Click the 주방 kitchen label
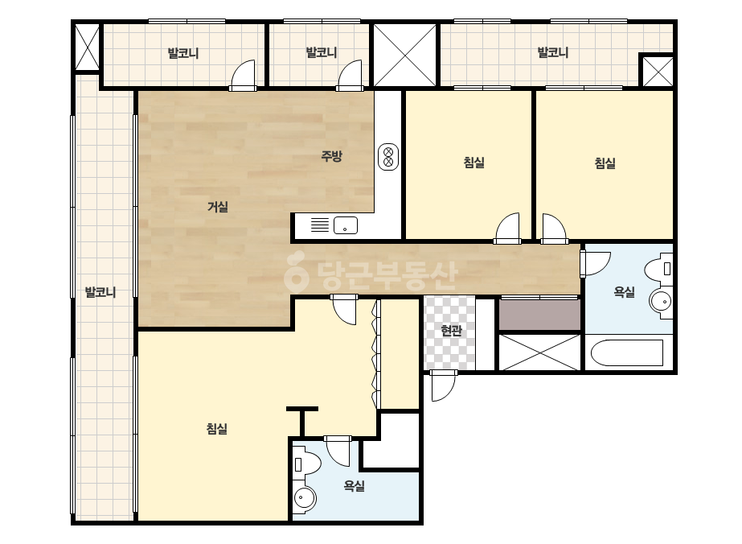[x=331, y=156]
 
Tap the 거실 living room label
[x=218, y=207]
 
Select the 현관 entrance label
[x=451, y=330]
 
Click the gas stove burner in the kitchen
[x=388, y=157]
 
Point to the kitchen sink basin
[x=346, y=225]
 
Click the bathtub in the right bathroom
[x=627, y=352]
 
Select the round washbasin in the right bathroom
[x=661, y=301]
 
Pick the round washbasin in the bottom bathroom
[x=305, y=498]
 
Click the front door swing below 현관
[x=443, y=385]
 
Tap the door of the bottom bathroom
[x=338, y=451]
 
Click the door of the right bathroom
[x=595, y=263]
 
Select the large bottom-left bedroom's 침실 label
[x=217, y=428]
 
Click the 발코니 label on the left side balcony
[x=100, y=292]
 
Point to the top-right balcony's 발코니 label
[x=553, y=52]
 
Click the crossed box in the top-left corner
[x=87, y=47]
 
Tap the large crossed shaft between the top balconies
[x=404, y=56]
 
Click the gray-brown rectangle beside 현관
[x=540, y=315]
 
